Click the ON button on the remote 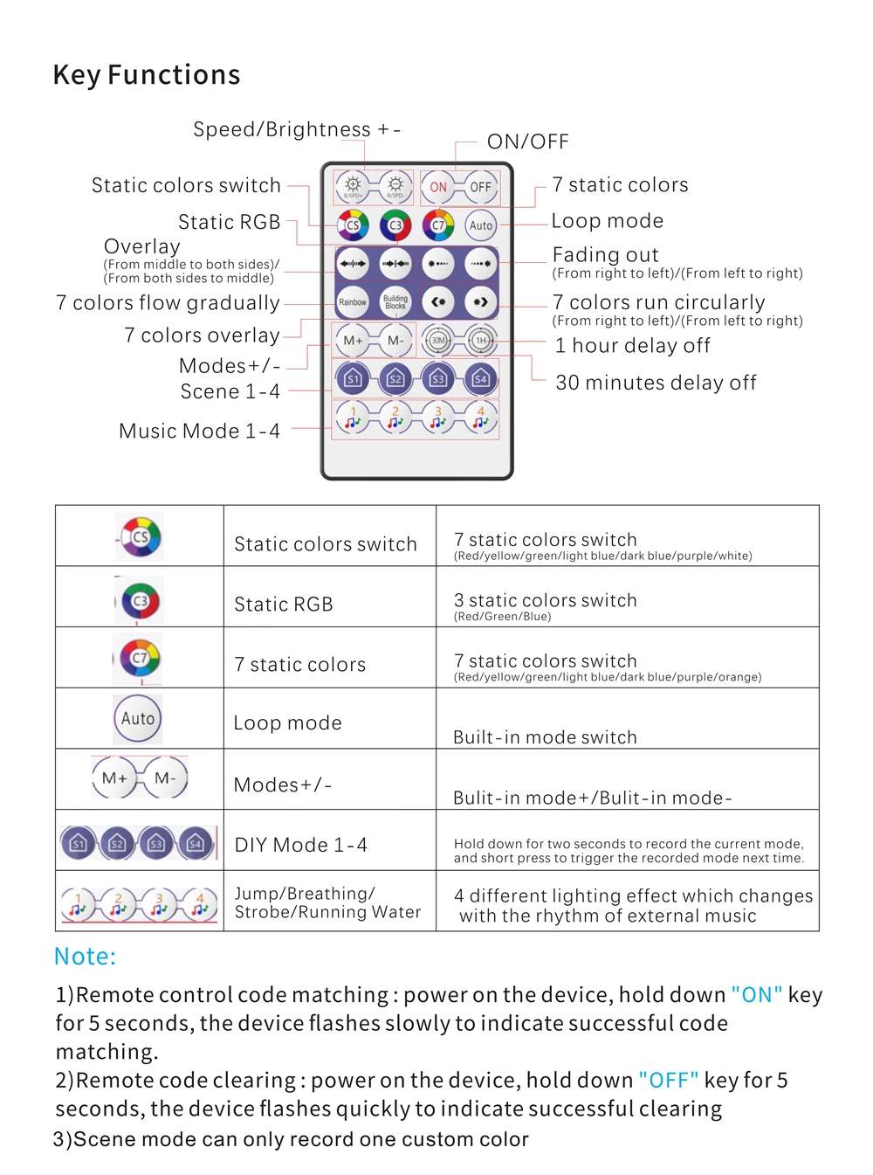438,187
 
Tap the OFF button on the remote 480,187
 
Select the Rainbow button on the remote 353,302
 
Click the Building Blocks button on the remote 395,302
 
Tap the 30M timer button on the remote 438,341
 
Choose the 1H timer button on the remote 480,341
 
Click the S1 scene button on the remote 353,379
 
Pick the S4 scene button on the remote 480,379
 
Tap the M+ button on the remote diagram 353,341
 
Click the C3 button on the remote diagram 395,225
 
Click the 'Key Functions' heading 147,75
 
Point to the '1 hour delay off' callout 633,346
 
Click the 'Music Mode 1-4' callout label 199,431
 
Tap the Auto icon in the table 138,719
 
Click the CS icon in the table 140,537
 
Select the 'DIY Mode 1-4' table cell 301,845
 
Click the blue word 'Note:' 85,957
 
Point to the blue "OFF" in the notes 669,1081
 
